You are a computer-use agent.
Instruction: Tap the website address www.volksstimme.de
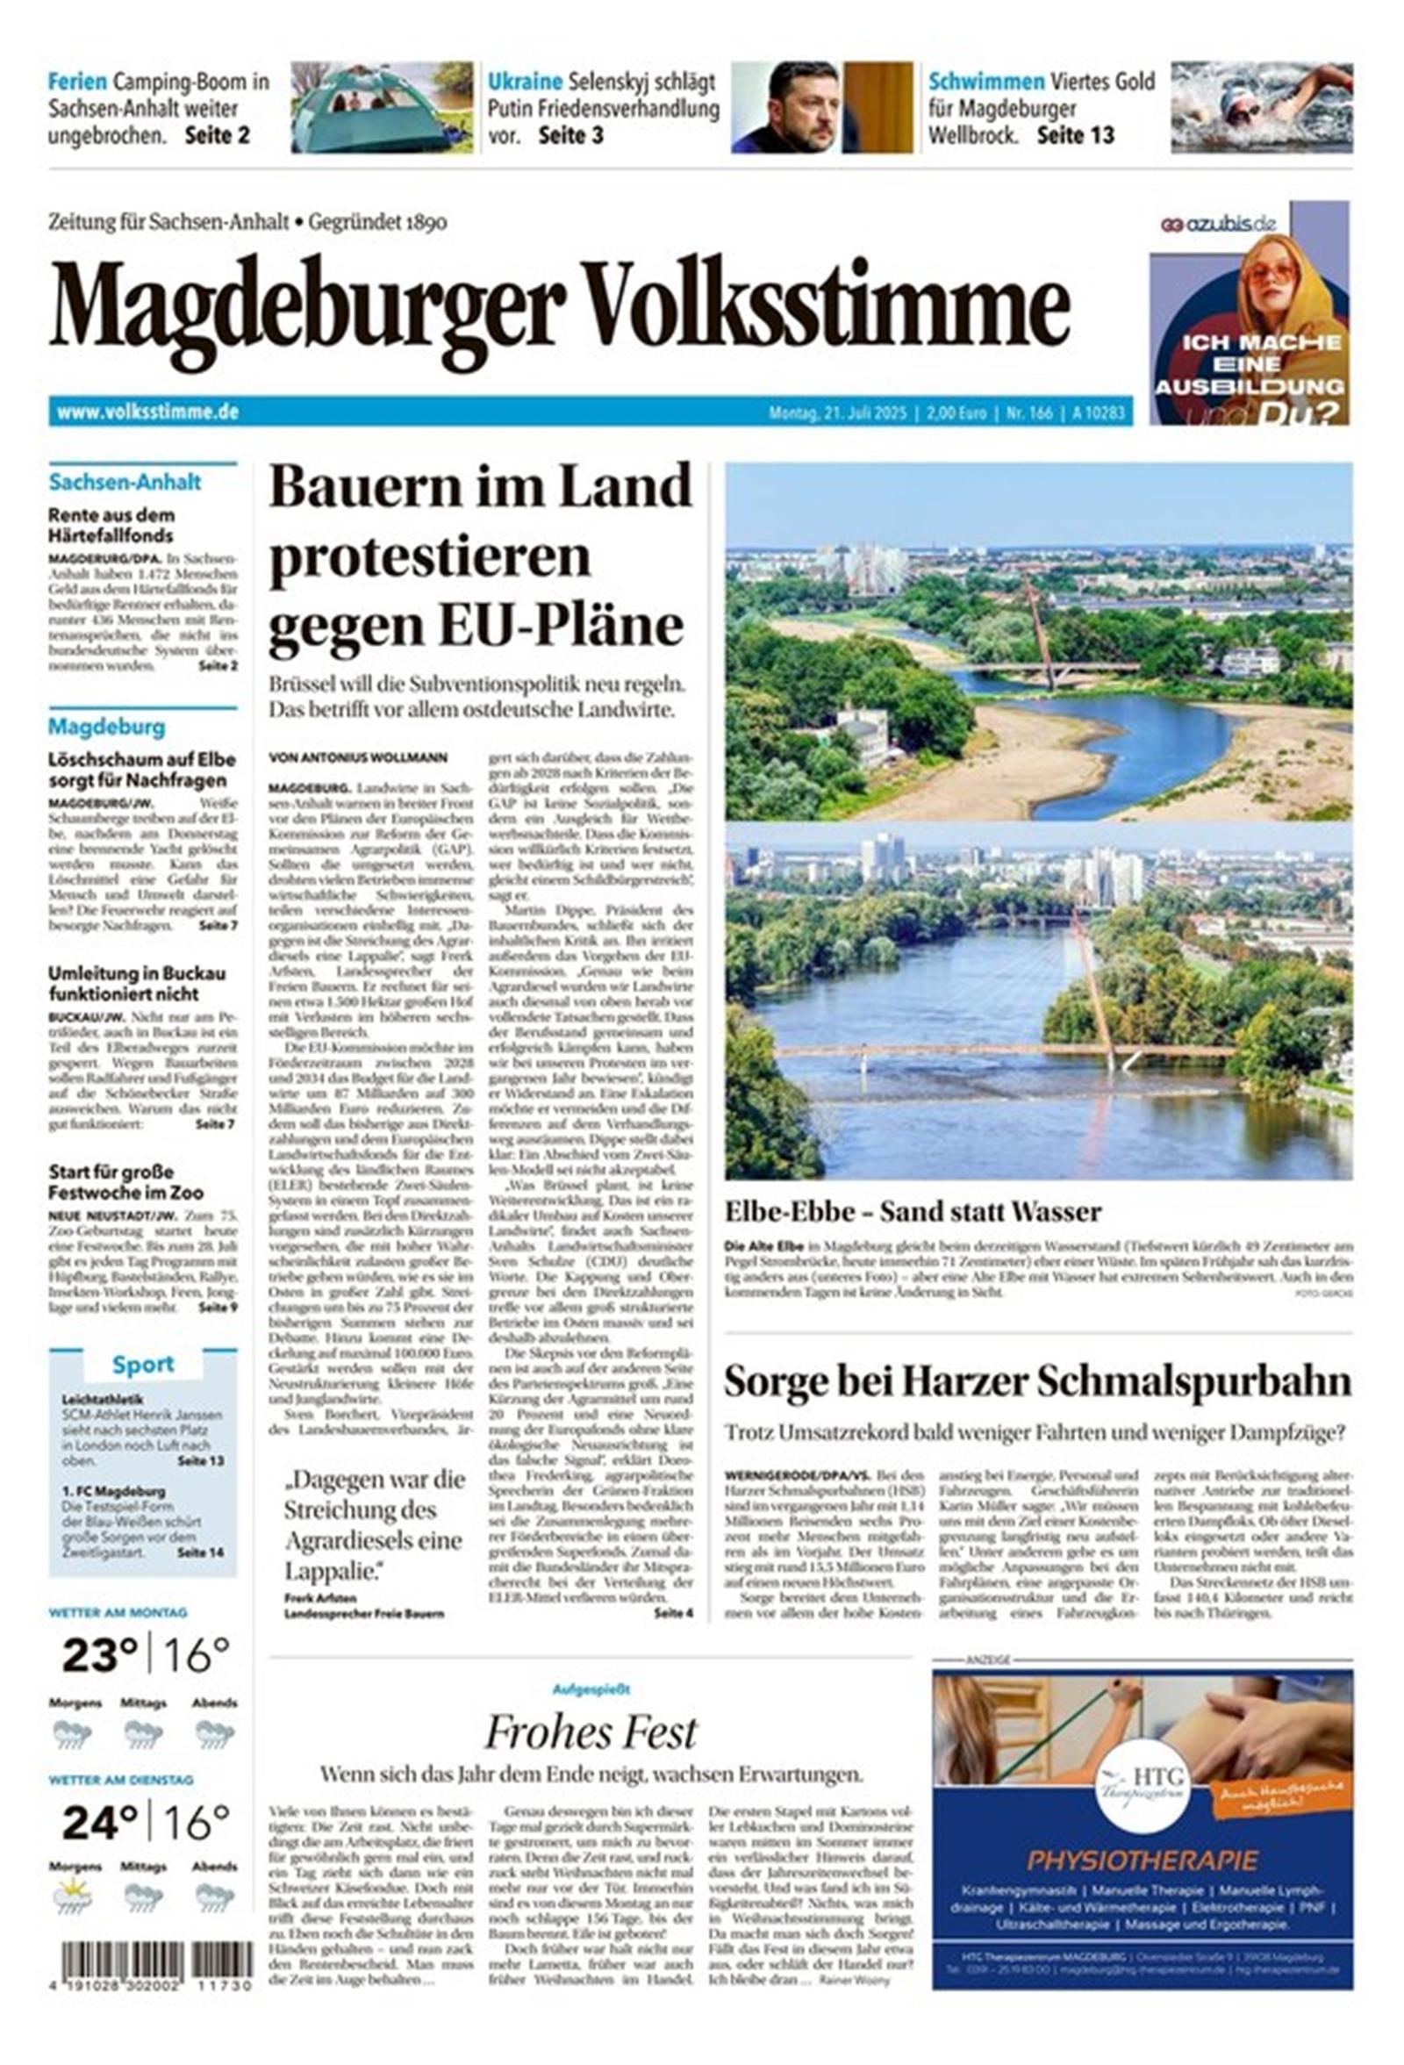[x=147, y=412]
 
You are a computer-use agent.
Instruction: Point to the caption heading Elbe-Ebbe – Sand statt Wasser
[x=913, y=1211]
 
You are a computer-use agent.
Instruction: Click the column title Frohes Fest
[x=591, y=1732]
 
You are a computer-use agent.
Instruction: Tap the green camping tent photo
[x=381, y=106]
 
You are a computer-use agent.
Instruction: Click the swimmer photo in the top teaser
[x=1261, y=106]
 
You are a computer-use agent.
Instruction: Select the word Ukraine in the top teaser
[x=524, y=82]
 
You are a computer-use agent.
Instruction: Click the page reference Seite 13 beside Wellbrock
[x=1075, y=136]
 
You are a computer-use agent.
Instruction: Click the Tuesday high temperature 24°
[x=99, y=1824]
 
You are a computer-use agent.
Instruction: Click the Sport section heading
[x=142, y=1365]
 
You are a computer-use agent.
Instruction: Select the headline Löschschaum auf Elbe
[x=141, y=770]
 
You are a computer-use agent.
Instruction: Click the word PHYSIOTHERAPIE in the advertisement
[x=1142, y=1860]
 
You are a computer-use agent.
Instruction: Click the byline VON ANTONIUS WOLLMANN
[x=358, y=758]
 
